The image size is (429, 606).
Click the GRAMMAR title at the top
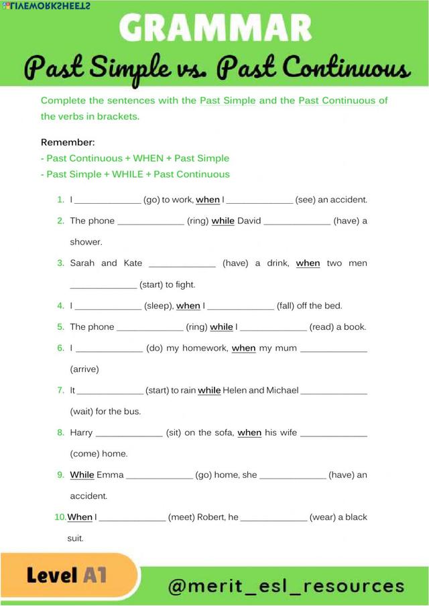pos(214,28)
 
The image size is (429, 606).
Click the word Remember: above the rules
pos(68,142)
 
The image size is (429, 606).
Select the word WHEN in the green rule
pos(148,158)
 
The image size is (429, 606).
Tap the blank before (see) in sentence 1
pos(259,200)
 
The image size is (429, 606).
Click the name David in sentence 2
pos(249,221)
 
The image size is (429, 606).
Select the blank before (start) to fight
pos(103,285)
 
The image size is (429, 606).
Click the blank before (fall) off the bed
pos(241,306)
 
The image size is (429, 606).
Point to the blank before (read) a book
pos(273,327)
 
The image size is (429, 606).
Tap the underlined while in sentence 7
pos(209,390)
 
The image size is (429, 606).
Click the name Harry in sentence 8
pos(81,432)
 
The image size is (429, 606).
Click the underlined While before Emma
pos(82,475)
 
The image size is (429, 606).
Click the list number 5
pos(60,327)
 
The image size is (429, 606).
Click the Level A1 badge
pos(67,575)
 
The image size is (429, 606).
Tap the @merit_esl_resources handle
pos(286,586)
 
